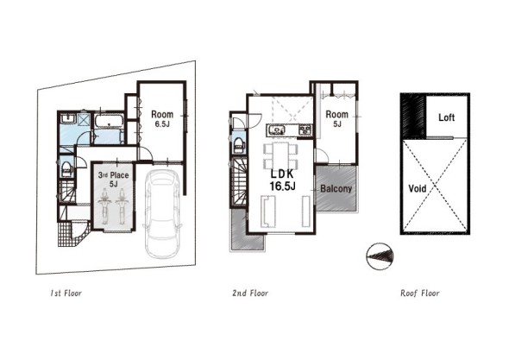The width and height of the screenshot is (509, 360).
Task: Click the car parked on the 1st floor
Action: [x=161, y=214]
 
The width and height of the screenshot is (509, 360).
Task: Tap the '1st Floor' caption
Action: [x=66, y=294]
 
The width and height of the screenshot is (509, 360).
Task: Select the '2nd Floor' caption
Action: [x=250, y=294]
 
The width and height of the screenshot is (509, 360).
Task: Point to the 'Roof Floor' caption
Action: [x=420, y=294]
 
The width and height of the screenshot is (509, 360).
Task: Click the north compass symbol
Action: [x=380, y=256]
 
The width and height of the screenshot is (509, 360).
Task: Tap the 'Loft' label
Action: [x=446, y=117]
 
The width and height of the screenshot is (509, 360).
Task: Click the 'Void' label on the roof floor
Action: [x=418, y=188]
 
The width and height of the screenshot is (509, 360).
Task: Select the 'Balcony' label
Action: [x=336, y=188]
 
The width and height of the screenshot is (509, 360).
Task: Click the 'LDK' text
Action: [x=282, y=174]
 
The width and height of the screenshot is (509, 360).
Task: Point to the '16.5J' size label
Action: [x=282, y=186]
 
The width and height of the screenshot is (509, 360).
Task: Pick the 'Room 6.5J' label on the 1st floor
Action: [x=162, y=118]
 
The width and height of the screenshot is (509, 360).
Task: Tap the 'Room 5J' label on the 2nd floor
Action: [x=336, y=118]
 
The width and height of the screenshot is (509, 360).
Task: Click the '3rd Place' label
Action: [x=113, y=175]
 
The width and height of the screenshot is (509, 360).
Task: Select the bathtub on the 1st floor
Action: [x=109, y=121]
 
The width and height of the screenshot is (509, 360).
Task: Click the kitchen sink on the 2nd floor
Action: [x=277, y=130]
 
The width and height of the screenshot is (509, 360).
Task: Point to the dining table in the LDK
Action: [x=280, y=155]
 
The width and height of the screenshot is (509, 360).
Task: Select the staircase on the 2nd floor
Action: [x=238, y=182]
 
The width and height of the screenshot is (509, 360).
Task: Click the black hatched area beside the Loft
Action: [x=413, y=116]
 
